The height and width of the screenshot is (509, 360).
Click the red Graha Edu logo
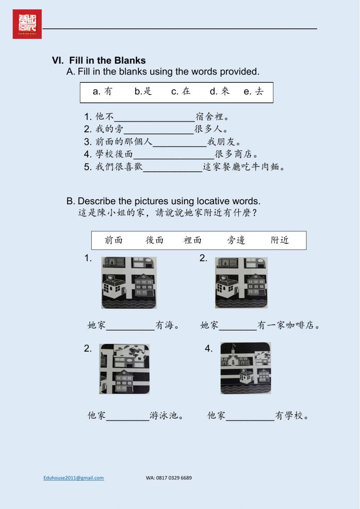(27, 24)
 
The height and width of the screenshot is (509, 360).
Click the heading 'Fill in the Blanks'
(107, 61)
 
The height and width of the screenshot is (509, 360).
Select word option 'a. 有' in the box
(103, 91)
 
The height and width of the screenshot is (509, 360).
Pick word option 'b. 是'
(143, 91)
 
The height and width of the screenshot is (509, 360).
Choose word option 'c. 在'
(181, 91)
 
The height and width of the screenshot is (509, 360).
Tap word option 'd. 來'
(220, 91)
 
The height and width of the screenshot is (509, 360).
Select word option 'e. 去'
(254, 91)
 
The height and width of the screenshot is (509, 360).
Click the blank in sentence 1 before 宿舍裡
(154, 117)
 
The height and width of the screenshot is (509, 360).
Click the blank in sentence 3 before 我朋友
(180, 143)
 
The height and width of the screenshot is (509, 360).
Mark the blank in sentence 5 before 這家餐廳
(173, 168)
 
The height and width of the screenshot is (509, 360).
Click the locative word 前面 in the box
(114, 240)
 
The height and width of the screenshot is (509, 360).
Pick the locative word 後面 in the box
(154, 240)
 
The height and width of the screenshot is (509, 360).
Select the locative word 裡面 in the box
(193, 240)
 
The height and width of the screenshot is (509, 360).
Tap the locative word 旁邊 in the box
(236, 240)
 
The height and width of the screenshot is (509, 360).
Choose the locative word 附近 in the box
(280, 240)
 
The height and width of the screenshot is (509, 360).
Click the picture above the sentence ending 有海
(129, 282)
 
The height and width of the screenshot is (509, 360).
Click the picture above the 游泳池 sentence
(125, 369)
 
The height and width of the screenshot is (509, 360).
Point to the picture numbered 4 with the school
(246, 368)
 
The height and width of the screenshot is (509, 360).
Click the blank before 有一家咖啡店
(238, 326)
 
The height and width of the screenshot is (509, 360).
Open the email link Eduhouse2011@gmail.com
(73, 478)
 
